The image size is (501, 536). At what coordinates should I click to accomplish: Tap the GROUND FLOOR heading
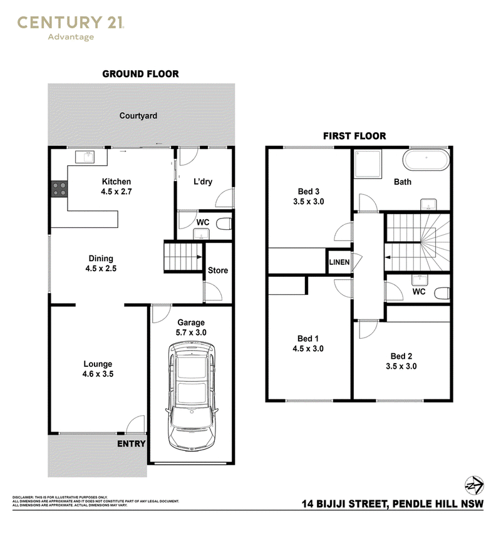(x=140, y=74)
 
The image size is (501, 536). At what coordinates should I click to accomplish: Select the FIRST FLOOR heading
(x=354, y=136)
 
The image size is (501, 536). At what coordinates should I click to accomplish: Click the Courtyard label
(x=138, y=116)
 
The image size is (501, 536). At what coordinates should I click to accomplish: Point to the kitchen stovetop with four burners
(x=59, y=189)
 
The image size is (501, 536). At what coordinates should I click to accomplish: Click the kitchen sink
(x=85, y=157)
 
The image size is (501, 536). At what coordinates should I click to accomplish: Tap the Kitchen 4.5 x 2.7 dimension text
(x=116, y=192)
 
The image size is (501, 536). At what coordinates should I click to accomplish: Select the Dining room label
(x=101, y=259)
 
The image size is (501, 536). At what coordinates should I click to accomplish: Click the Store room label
(x=218, y=271)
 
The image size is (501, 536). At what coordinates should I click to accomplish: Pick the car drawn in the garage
(x=192, y=396)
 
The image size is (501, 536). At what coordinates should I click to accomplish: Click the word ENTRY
(x=132, y=444)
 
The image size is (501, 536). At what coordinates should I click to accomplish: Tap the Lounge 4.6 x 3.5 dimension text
(x=98, y=374)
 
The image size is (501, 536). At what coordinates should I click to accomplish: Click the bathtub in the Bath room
(x=426, y=160)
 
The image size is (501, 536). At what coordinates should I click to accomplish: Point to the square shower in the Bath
(x=368, y=164)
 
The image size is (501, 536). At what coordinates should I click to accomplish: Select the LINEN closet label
(x=339, y=262)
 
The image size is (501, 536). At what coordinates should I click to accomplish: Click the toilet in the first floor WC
(x=442, y=293)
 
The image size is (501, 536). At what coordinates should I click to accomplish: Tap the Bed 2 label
(x=401, y=356)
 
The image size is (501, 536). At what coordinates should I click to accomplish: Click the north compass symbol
(x=474, y=485)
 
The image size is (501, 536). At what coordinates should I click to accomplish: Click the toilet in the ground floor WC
(x=224, y=224)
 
